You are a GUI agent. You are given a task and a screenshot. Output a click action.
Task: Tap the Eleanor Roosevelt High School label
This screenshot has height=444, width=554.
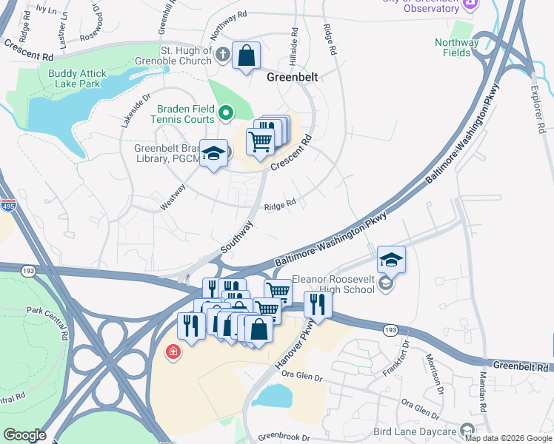pyautogui.click(x=333, y=284)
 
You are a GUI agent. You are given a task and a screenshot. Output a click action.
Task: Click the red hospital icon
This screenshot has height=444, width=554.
pyautogui.click(x=173, y=351)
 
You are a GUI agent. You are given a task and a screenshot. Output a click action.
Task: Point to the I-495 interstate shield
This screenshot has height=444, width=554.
pyautogui.click(x=8, y=205)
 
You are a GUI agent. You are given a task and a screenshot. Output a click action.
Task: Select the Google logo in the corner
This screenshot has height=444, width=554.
pyautogui.click(x=24, y=435)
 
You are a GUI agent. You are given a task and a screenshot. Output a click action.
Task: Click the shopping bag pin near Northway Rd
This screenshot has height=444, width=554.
pyautogui.click(x=246, y=55)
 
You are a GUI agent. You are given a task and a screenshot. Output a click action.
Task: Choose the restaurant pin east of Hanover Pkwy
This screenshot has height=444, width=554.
pyautogui.click(x=318, y=304)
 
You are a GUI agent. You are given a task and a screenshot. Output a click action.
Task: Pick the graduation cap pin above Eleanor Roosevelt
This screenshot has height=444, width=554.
pyautogui.click(x=391, y=259)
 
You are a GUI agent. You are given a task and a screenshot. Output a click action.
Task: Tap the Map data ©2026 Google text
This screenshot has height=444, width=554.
pyautogui.click(x=508, y=438)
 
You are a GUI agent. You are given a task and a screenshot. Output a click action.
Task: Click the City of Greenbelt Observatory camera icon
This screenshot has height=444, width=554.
pyautogui.click(x=469, y=5)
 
